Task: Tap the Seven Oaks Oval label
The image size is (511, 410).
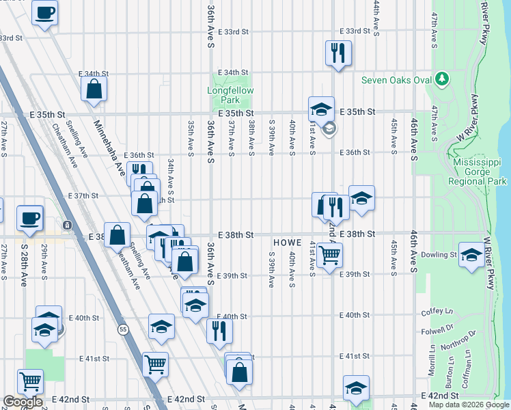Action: click(397, 80)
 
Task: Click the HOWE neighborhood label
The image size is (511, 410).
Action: click(288, 243)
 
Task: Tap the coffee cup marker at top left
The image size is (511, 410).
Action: click(44, 13)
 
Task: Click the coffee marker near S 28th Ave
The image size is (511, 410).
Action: click(30, 218)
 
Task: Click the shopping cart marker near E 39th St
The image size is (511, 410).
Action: click(329, 255)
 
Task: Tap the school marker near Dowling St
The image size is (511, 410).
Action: click(472, 255)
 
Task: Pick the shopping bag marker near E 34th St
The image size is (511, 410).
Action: click(94, 88)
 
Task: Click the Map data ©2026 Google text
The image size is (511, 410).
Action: click(469, 405)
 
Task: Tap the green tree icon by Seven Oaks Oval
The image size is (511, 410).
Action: click(442, 80)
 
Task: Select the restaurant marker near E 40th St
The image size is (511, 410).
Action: click(219, 331)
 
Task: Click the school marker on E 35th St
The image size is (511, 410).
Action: click(321, 109)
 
